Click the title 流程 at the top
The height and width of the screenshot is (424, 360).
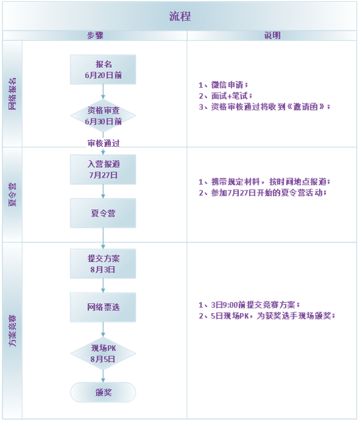coord(179,16)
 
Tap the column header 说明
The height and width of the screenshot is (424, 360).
coord(272,36)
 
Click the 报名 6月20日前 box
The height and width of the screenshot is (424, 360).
coord(103,70)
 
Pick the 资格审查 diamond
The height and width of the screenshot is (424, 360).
coord(103,116)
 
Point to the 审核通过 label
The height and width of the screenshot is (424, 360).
coord(104,143)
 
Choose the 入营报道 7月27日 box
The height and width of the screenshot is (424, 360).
coord(103,169)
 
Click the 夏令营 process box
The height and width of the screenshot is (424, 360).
coord(103,213)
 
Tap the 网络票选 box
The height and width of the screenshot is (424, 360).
coord(103,307)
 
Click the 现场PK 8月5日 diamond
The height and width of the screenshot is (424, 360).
coord(103,353)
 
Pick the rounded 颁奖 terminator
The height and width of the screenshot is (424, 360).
coord(103,393)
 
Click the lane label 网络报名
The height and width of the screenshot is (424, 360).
coord(13,94)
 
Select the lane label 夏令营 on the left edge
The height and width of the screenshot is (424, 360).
coord(13,194)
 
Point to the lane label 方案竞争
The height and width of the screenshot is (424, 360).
coord(13,330)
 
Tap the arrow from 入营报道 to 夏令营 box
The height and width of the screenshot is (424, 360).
coord(103,191)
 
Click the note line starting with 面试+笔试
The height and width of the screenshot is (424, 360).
coord(225,96)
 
